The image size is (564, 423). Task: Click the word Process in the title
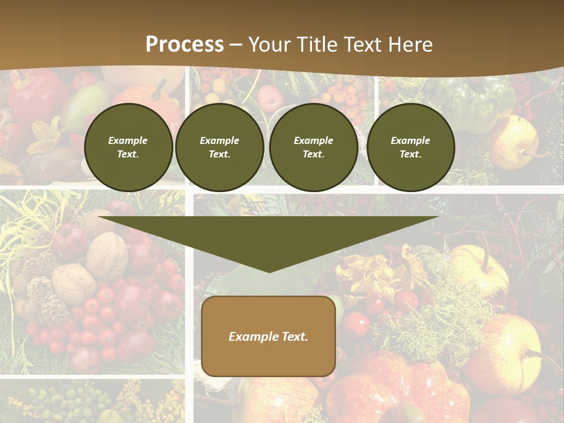pyautogui.click(x=184, y=45)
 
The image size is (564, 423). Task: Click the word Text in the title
pyautogui.click(x=364, y=45)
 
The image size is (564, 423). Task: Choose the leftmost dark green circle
pyautogui.click(x=129, y=147)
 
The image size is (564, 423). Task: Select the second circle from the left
pyautogui.click(x=220, y=147)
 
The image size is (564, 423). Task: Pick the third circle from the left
pyautogui.click(x=314, y=147)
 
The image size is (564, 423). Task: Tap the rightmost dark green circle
pyautogui.click(x=411, y=147)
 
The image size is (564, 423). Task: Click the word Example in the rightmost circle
pyautogui.click(x=411, y=140)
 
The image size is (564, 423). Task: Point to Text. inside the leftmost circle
pyautogui.click(x=128, y=155)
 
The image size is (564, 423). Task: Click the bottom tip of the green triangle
pyautogui.click(x=269, y=271)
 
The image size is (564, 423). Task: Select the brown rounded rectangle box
pyautogui.click(x=268, y=358)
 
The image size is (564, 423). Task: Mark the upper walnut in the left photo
pyautogui.click(x=108, y=254)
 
